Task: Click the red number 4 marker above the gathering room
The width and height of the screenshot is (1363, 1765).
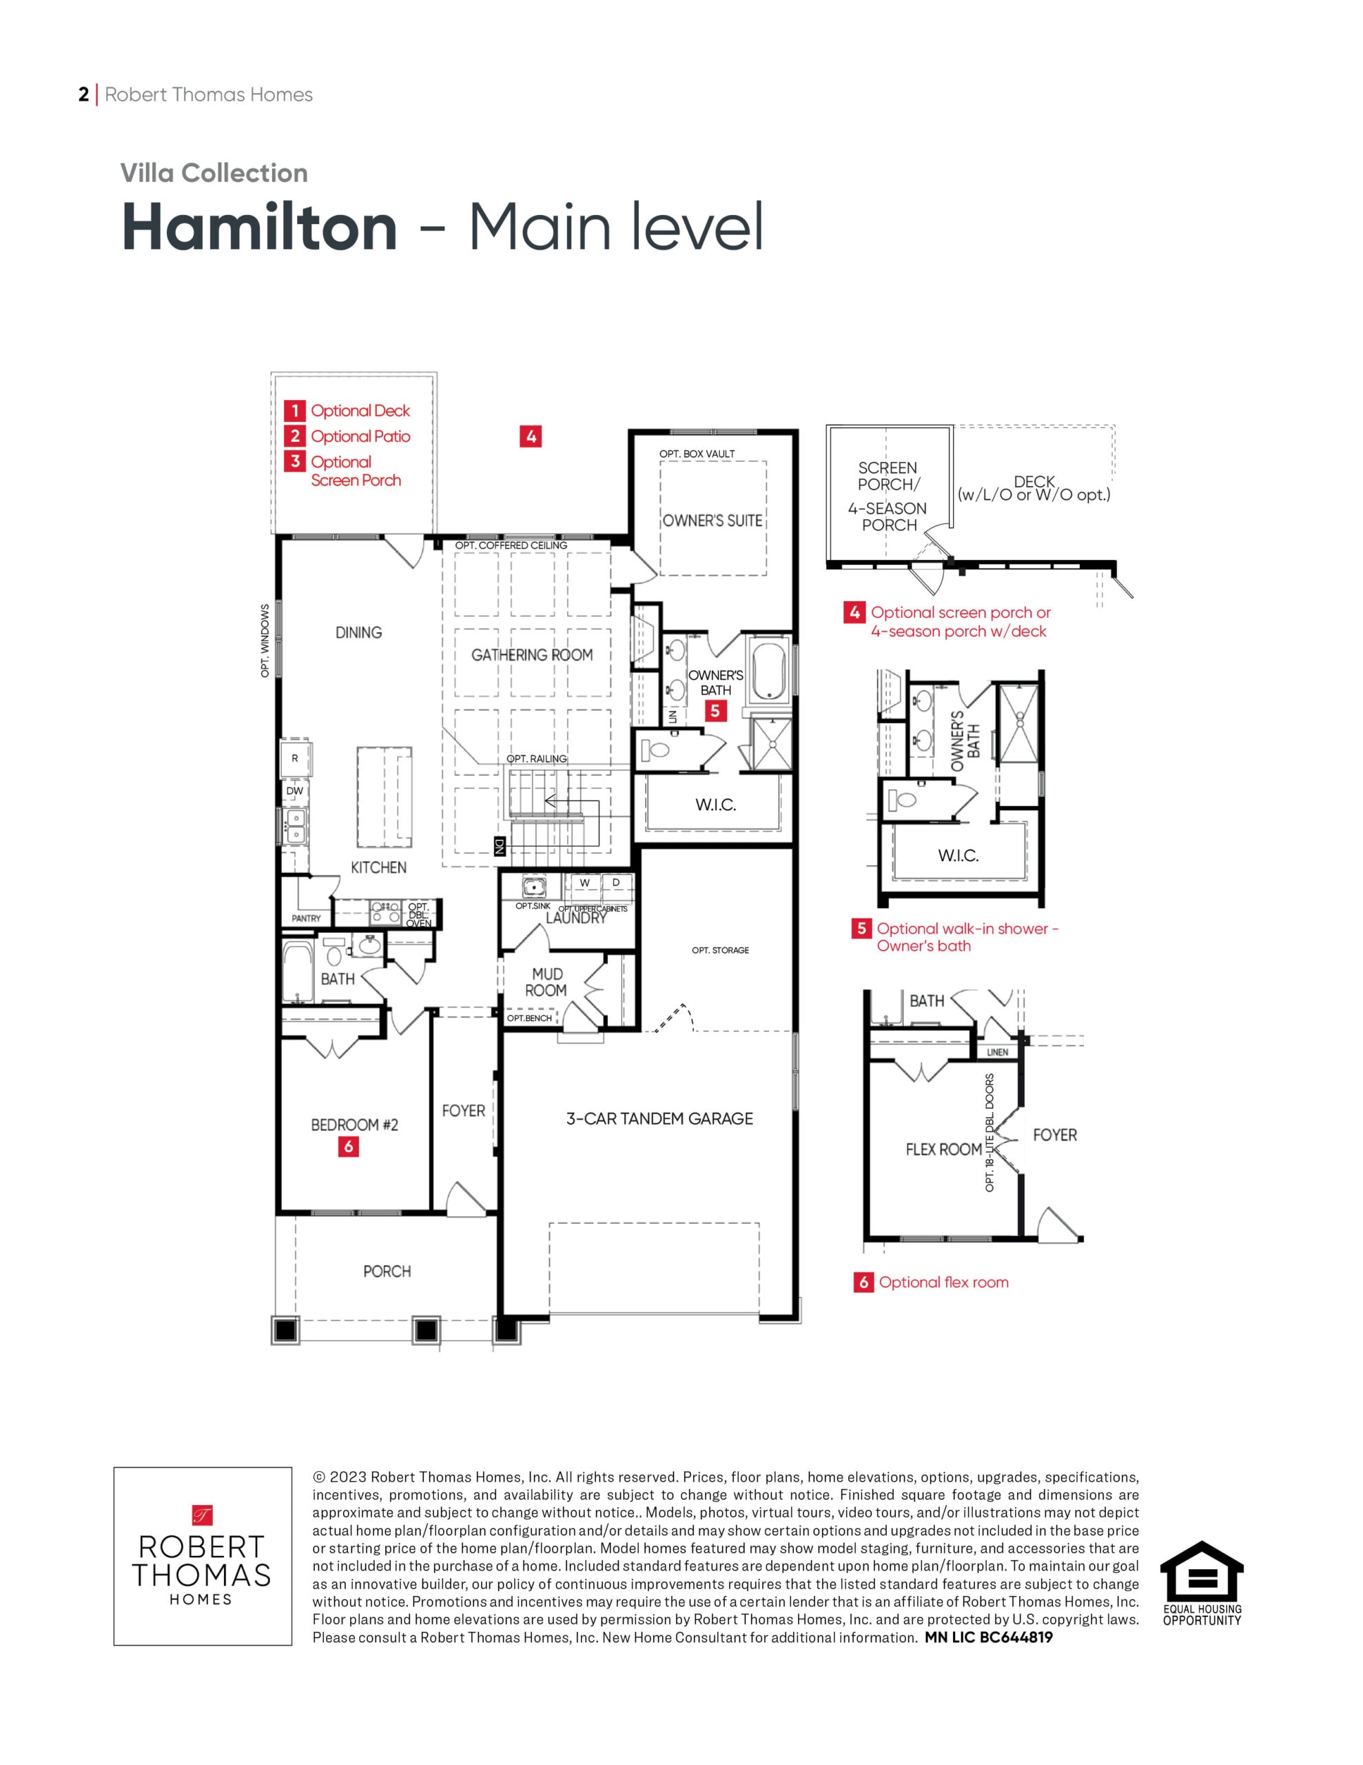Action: [530, 436]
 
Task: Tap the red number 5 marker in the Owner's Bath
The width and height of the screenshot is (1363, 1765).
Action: [715, 712]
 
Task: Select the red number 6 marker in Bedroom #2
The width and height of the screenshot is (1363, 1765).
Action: [348, 1146]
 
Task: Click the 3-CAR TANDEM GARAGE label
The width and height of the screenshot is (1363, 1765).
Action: [659, 1118]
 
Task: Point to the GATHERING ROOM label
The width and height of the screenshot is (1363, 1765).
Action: [532, 654]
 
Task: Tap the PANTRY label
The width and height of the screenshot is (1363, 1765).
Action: [306, 918]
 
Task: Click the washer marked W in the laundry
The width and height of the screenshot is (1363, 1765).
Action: [584, 883]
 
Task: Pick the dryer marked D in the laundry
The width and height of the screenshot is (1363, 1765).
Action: [615, 883]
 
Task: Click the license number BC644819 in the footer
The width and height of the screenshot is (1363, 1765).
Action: [1016, 1637]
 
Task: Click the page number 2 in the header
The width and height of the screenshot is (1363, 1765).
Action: [83, 94]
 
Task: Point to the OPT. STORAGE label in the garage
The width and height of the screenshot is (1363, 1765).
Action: [720, 950]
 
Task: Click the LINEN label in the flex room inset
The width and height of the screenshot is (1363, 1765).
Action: [998, 1052]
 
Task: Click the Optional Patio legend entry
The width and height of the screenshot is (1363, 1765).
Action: [347, 436]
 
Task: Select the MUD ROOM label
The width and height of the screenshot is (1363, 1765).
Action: [546, 982]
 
